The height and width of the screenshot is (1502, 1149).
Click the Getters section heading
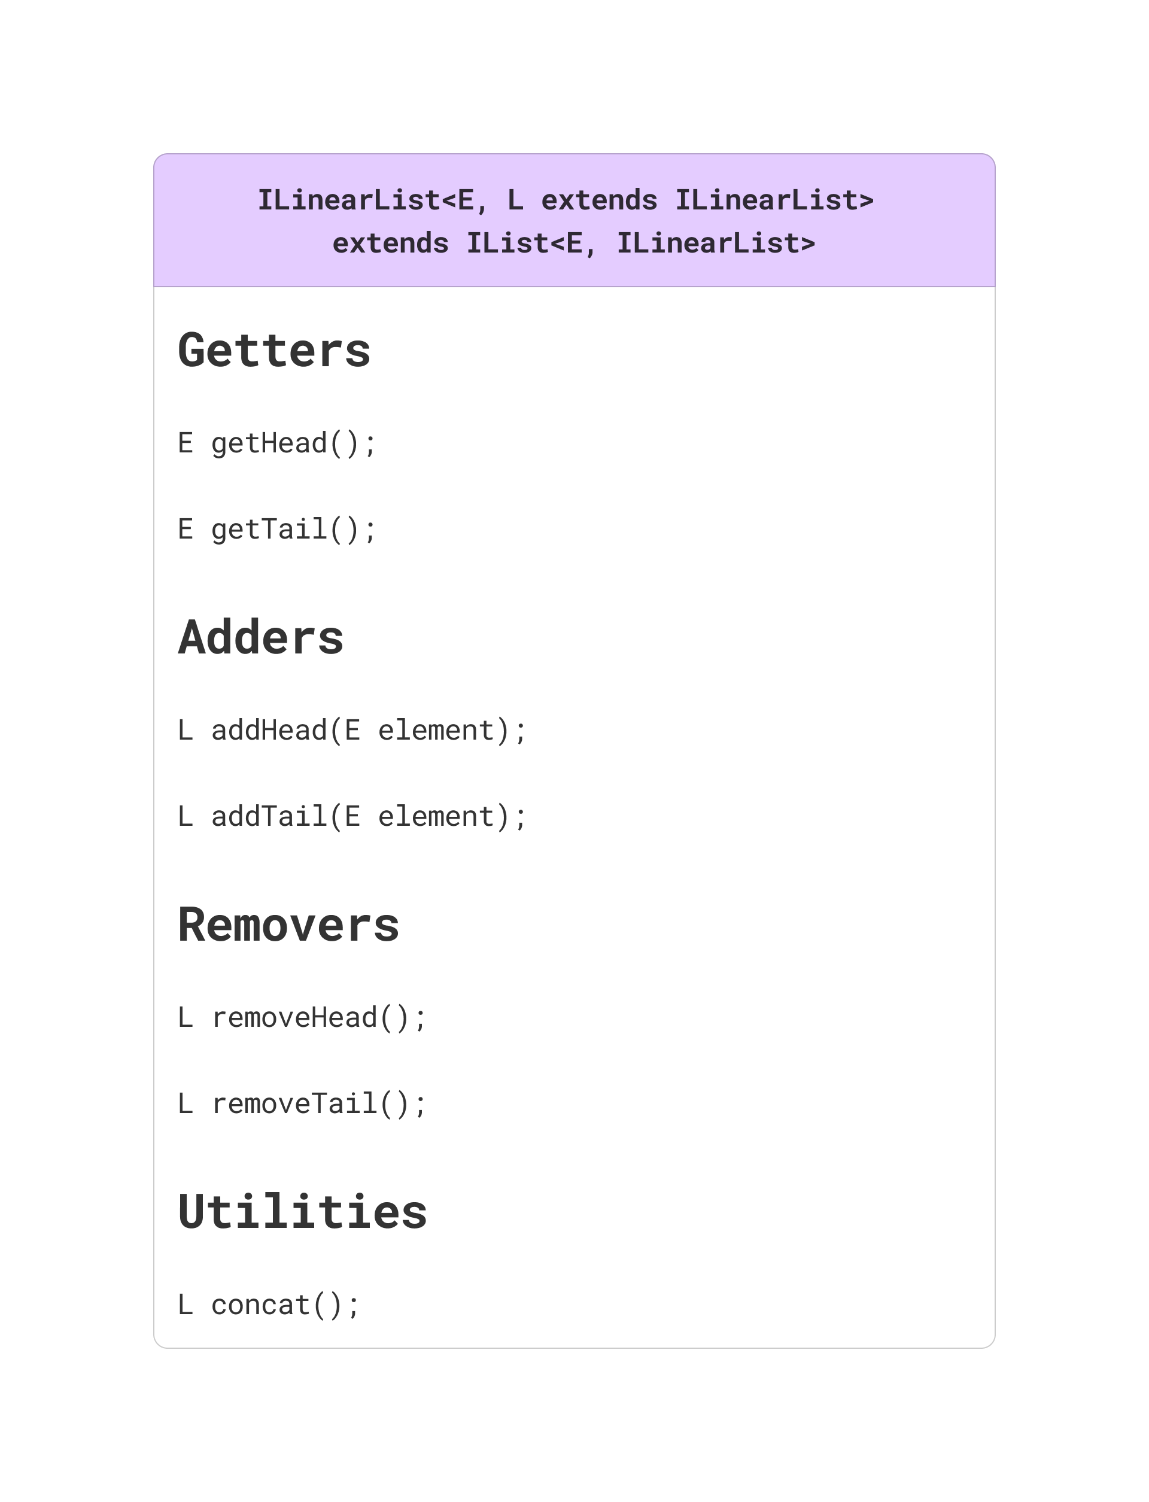pyautogui.click(x=273, y=351)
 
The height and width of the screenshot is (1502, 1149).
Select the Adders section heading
pyautogui.click(x=260, y=637)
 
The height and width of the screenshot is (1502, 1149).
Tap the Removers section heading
pyautogui.click(x=288, y=925)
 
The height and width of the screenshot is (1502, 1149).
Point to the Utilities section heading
pyautogui.click(x=302, y=1212)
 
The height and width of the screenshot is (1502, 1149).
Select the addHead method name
pyautogui.click(x=269, y=731)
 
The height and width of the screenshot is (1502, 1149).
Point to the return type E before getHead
pyautogui.click(x=186, y=443)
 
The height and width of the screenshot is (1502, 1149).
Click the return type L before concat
pyautogui.click(x=186, y=1305)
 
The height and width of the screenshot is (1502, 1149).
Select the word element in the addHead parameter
pyautogui.click(x=436, y=731)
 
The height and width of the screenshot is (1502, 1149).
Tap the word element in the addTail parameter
pyautogui.click(x=436, y=817)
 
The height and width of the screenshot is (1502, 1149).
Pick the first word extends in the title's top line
pyautogui.click(x=599, y=200)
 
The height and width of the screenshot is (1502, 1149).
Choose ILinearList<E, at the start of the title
pyautogui.click(x=373, y=200)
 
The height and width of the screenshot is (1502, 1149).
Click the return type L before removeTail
pyautogui.click(x=186, y=1104)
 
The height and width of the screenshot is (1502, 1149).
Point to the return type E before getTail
pyautogui.click(x=186, y=530)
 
